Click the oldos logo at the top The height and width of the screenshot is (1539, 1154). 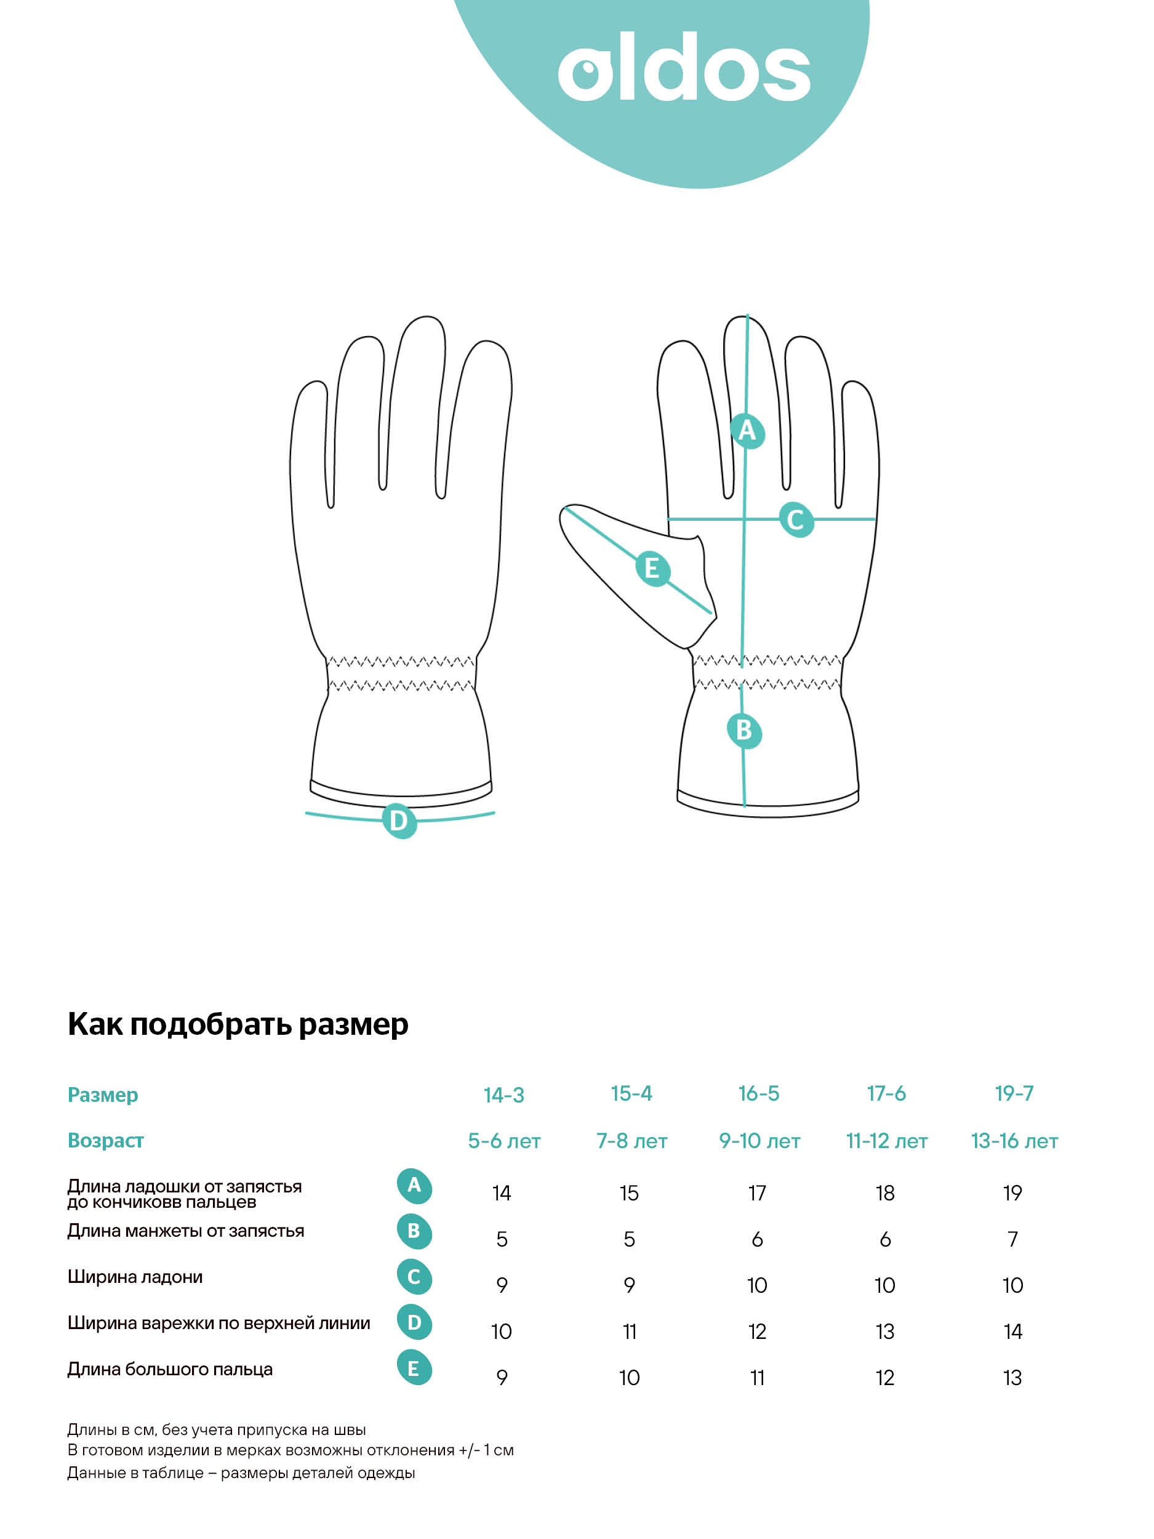point(684,66)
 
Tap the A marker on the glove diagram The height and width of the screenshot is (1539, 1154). point(747,431)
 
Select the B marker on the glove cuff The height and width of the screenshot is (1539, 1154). point(743,731)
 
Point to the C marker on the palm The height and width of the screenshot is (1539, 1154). point(796,520)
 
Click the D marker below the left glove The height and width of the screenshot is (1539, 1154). point(399,821)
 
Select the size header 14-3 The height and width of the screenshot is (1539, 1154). point(503,1095)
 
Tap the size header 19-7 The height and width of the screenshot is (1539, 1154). point(1014,1094)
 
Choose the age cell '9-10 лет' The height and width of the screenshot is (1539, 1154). point(759,1141)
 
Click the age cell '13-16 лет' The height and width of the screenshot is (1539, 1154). point(1014,1141)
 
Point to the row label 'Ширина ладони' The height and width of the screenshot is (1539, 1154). point(135,1277)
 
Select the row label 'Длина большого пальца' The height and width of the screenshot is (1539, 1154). point(170,1369)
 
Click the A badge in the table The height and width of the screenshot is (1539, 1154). point(414,1186)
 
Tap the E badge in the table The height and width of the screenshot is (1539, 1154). point(414,1369)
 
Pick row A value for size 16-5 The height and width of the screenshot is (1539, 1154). point(757,1193)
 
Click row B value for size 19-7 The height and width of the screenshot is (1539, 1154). point(1013,1239)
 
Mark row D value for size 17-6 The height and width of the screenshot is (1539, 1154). point(885,1332)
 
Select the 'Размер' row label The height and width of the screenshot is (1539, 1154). point(103,1095)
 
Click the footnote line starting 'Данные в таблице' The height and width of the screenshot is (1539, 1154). point(241,1473)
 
